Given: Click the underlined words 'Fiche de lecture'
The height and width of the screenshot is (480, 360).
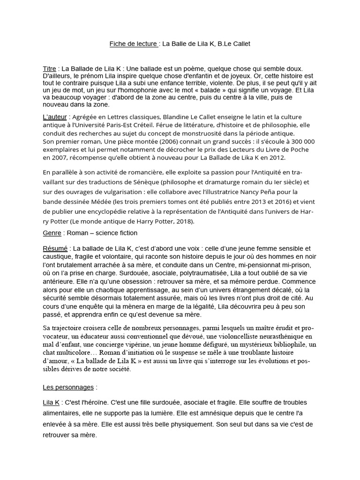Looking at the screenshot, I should pos(134,44).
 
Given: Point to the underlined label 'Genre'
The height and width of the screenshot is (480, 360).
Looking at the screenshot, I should pos(52,233).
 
